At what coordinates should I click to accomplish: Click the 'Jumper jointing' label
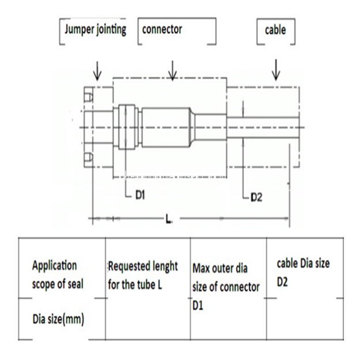click(x=96, y=30)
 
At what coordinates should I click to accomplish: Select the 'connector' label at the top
click(x=162, y=30)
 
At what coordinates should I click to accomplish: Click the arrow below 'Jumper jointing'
click(x=98, y=70)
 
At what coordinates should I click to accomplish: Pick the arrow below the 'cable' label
click(x=276, y=70)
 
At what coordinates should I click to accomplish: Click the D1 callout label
click(x=139, y=196)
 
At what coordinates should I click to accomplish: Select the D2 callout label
click(x=256, y=198)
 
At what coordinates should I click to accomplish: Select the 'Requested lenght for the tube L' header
click(x=143, y=275)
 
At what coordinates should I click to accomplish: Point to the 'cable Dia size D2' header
click(x=303, y=273)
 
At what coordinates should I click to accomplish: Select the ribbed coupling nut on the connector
click(x=128, y=126)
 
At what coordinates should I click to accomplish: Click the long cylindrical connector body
click(x=165, y=126)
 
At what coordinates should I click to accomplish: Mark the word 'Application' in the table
click(x=54, y=266)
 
